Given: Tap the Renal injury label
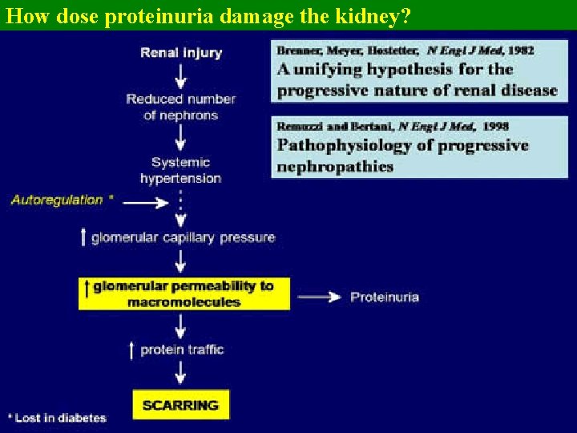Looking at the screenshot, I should tap(181, 52).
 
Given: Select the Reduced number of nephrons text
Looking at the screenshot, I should tap(181, 107).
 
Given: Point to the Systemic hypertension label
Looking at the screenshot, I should tap(181, 170).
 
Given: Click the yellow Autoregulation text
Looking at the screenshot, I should tap(57, 200).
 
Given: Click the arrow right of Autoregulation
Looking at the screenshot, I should tap(145, 203).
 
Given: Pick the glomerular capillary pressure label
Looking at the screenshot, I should tap(184, 237).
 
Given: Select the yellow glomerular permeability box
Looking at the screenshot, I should tap(184, 293).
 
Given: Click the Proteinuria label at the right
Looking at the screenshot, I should tap(385, 297).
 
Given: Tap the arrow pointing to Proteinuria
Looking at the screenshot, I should tap(320, 297).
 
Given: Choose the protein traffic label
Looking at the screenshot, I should tap(182, 350).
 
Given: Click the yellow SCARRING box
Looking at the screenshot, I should tap(180, 405).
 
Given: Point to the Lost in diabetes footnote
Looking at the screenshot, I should tap(57, 417).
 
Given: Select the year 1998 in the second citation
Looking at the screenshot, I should tap(493, 126).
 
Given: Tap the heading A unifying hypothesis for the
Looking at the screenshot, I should tap(395, 69).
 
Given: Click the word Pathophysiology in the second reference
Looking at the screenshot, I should tap(345, 145).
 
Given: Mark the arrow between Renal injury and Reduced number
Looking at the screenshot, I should tap(181, 75).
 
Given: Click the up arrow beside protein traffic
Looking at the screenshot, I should tap(132, 350).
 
